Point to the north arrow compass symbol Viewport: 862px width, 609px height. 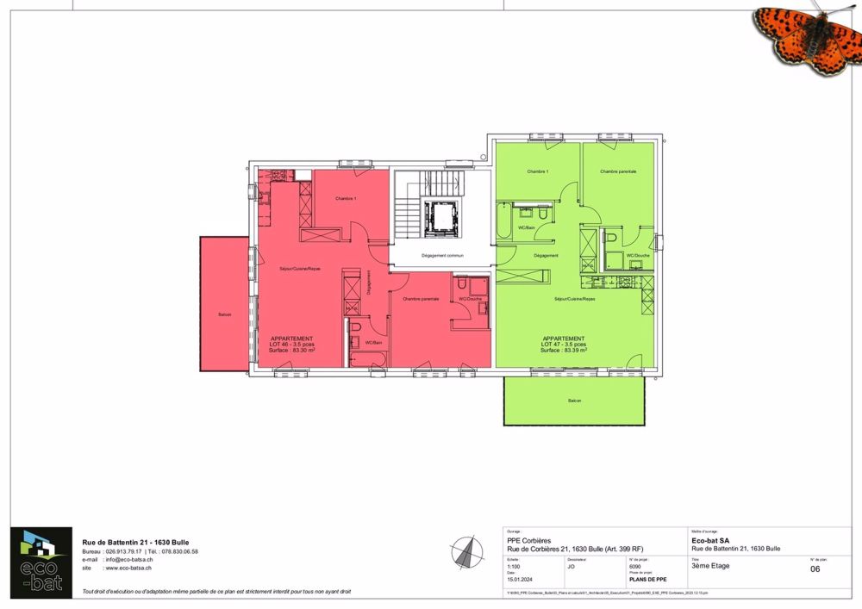point(467,550)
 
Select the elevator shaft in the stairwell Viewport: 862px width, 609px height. point(443,218)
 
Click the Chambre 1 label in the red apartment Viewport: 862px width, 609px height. point(346,199)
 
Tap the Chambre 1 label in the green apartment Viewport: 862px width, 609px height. point(538,171)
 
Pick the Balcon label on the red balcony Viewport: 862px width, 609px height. point(225,314)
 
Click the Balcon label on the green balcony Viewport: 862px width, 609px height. point(574,401)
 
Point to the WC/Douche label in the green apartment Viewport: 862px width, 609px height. point(638,256)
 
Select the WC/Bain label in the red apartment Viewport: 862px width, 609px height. point(373,343)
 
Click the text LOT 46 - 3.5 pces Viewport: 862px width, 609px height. point(291,345)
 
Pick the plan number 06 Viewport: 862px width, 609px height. point(815,569)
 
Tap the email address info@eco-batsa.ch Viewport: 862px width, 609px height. point(128,560)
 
